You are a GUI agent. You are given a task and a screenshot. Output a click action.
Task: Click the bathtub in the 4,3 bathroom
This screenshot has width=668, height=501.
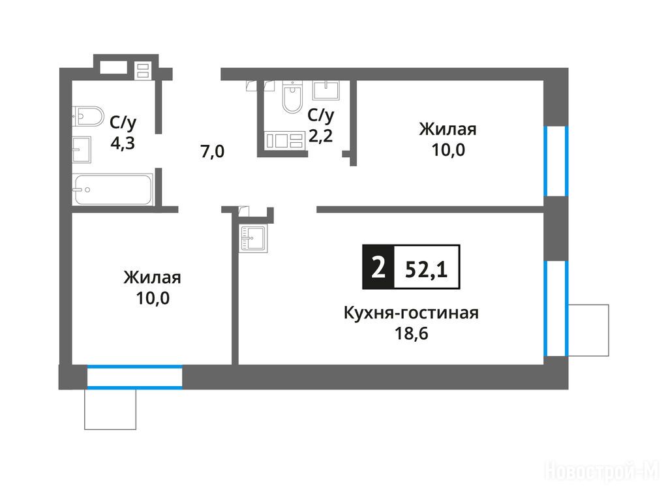112,190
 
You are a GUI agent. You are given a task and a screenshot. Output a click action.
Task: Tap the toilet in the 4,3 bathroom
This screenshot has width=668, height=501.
88,116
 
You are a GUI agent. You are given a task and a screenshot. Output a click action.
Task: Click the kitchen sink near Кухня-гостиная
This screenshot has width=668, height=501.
252,239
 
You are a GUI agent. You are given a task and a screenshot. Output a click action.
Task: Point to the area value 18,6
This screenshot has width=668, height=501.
411,333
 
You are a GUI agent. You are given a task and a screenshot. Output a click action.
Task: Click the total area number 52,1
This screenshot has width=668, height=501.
427,269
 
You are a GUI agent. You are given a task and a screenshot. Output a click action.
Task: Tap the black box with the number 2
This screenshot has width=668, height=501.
378,267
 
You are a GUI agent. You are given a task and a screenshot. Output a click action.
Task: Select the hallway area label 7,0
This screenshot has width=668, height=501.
212,151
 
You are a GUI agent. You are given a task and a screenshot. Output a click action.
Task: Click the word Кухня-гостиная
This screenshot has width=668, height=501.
411,313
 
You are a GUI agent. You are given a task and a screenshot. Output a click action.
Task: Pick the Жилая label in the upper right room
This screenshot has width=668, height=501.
448,129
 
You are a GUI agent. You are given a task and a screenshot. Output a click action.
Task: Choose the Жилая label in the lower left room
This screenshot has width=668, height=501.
153,277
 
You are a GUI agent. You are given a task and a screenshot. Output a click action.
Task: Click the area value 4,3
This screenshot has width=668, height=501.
123,143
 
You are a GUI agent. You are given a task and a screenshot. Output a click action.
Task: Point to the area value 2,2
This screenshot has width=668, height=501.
320,136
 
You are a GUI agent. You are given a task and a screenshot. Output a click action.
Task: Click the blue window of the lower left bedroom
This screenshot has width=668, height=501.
134,377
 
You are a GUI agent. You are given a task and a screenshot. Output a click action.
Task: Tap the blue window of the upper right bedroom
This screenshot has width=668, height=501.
556,161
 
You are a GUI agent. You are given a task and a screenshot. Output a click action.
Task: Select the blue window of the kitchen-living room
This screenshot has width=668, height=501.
556,309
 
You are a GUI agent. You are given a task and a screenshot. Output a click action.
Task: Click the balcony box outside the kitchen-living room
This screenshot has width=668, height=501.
588,330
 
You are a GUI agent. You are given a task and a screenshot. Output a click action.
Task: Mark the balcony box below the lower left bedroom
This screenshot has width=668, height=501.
110,410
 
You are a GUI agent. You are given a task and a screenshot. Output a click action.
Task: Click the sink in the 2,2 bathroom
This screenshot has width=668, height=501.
326,90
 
